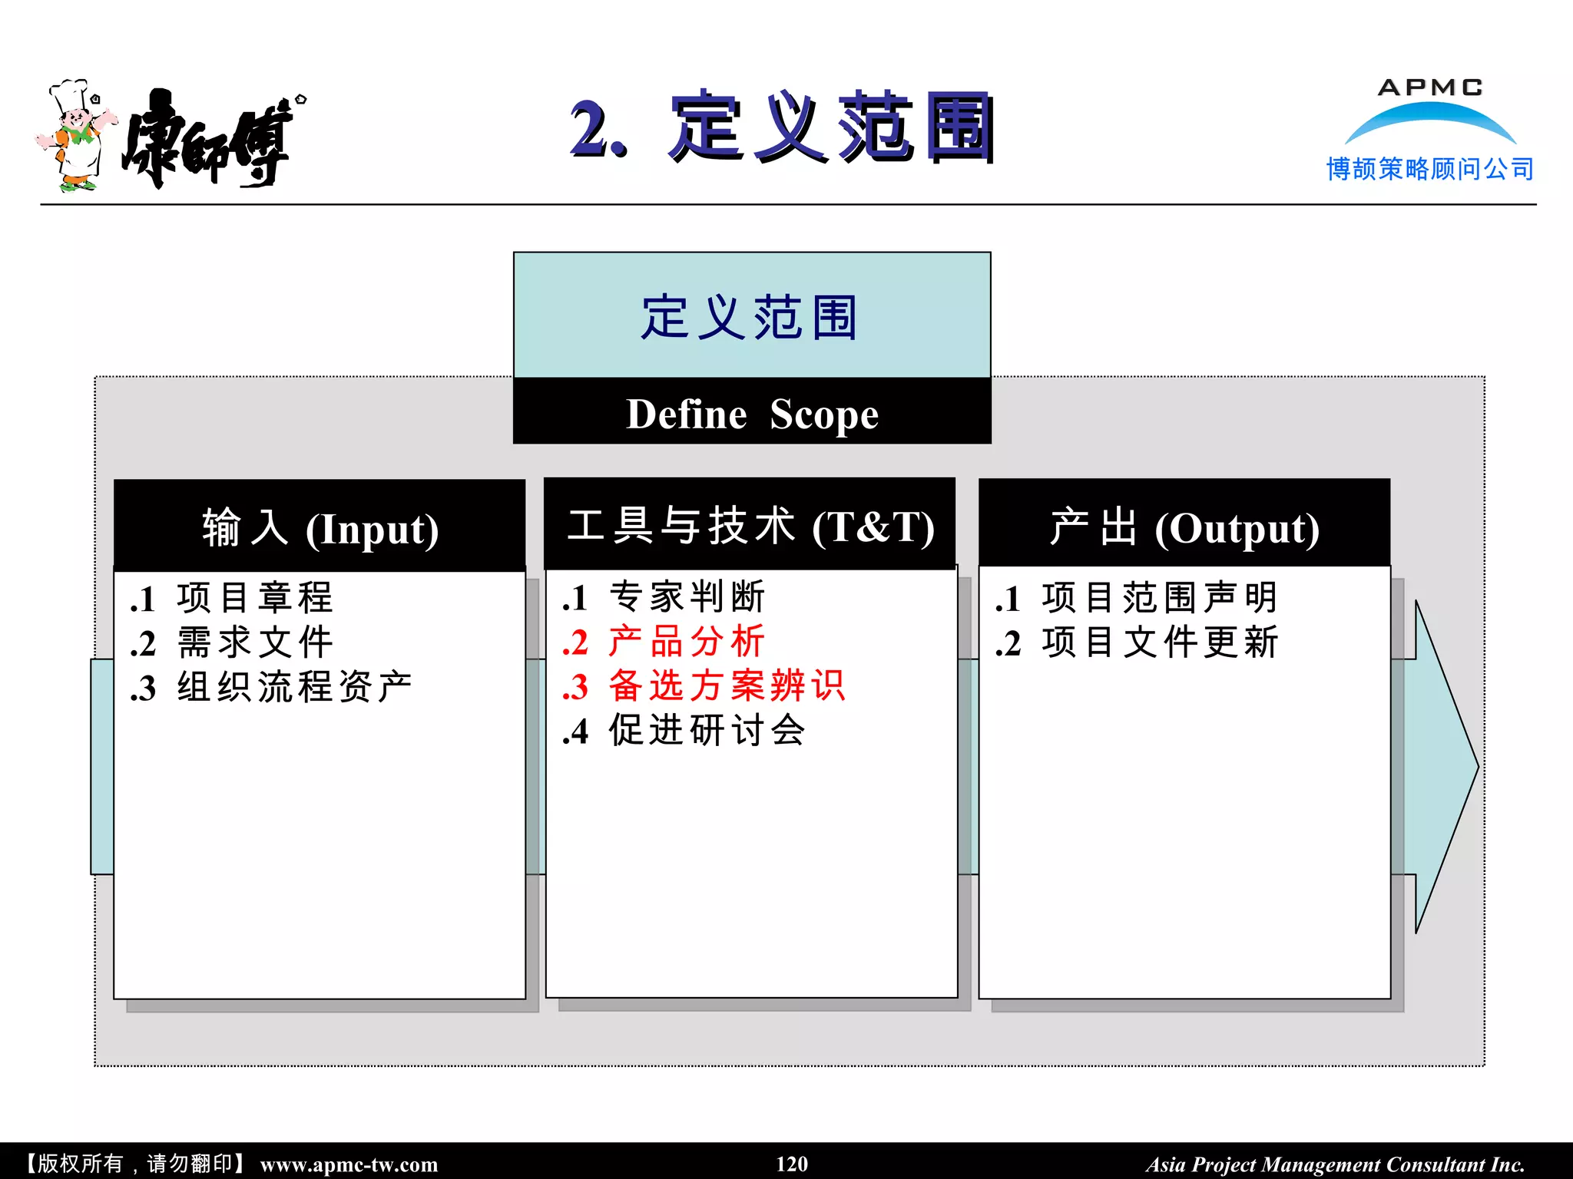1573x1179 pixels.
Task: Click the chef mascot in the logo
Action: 75,136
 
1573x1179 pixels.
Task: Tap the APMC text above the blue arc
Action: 1429,88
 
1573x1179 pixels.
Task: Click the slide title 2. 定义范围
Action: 782,127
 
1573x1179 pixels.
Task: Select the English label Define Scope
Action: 752,414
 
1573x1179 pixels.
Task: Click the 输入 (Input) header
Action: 320,528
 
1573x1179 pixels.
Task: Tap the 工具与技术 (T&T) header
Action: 750,527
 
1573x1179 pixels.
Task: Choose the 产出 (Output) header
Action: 1184,528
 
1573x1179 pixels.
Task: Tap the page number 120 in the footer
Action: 792,1164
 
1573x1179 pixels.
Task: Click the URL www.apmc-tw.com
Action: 349,1164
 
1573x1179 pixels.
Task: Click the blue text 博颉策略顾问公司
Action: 1429,169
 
